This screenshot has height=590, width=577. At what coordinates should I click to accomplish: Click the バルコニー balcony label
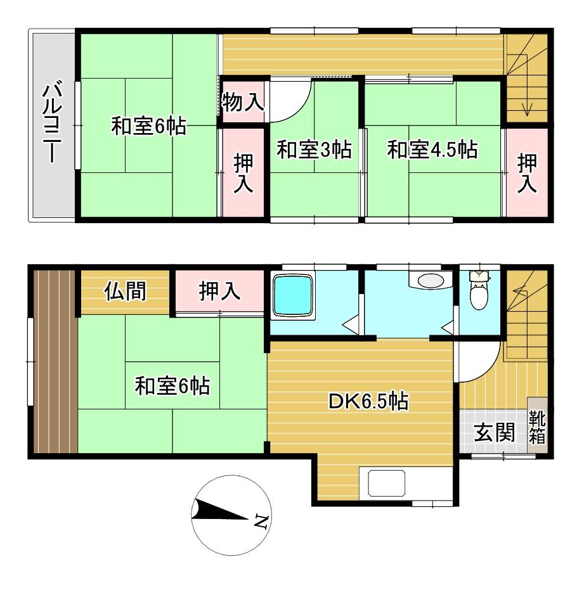pos(53,123)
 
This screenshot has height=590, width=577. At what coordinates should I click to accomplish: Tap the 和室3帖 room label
pos(314,150)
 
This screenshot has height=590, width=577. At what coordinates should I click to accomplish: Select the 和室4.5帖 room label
pos(432,150)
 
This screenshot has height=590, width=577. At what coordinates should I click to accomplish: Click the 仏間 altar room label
pos(126,292)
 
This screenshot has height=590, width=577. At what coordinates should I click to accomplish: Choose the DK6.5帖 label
pos(368,401)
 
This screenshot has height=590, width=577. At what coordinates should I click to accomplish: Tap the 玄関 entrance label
pos(494,432)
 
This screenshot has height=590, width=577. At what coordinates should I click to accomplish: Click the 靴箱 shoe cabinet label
pos(537,427)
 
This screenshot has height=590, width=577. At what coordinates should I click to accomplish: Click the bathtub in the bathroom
pos(293,296)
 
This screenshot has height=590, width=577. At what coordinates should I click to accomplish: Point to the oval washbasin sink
pos(430,281)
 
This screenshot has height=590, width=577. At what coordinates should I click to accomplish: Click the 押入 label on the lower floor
pos(219,292)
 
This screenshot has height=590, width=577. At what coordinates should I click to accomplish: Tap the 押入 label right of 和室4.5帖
pos(527,174)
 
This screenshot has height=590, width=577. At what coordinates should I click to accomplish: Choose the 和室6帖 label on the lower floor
pos(172,386)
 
